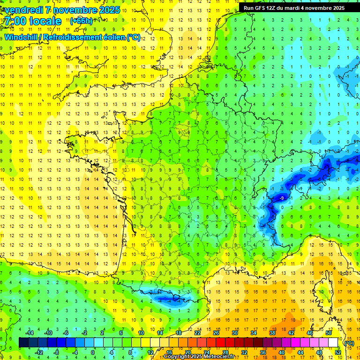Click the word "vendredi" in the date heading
(24, 10)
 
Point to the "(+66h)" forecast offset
(81, 21)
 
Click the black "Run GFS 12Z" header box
(294, 7)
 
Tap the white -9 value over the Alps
(281, 199)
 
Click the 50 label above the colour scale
(329, 333)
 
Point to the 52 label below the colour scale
(338, 352)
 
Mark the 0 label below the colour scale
(93, 352)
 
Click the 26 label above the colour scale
(216, 333)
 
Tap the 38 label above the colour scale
(272, 333)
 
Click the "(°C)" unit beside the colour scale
(349, 343)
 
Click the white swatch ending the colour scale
(333, 343)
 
